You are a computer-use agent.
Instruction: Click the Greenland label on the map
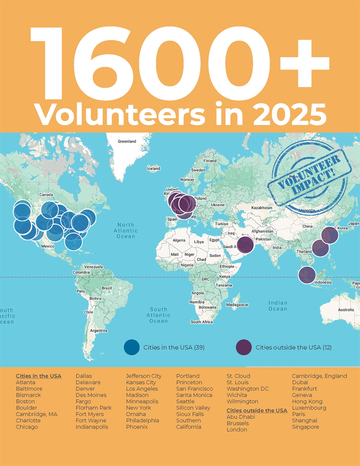(x=127, y=142)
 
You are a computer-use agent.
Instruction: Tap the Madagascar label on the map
(x=237, y=305)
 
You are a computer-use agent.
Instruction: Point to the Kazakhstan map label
(x=262, y=208)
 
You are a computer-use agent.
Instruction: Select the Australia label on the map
(x=346, y=310)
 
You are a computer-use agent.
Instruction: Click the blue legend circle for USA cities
(x=132, y=348)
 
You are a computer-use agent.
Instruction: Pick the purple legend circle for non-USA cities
(x=244, y=348)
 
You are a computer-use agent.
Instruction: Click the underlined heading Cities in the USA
(x=39, y=376)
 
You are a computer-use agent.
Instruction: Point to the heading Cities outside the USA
(x=257, y=411)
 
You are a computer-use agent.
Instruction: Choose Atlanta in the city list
(x=26, y=382)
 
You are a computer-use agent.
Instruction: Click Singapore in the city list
(x=305, y=427)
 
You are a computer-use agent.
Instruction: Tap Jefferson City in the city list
(x=144, y=376)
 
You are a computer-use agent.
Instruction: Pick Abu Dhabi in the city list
(x=240, y=417)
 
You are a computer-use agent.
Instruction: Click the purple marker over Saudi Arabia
(x=244, y=245)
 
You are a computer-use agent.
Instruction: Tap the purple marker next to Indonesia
(x=307, y=275)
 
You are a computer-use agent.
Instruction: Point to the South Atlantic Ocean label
(x=158, y=315)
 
